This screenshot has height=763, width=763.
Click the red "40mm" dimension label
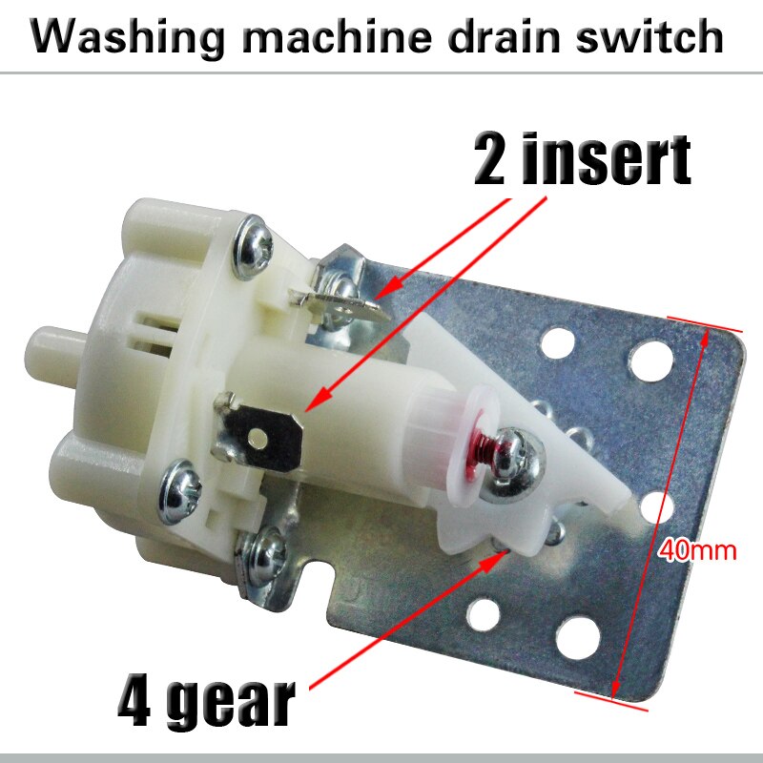tap(693, 551)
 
